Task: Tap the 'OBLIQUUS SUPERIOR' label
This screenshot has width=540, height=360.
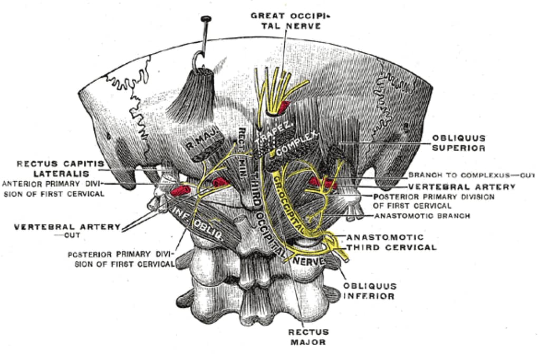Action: (x=458, y=143)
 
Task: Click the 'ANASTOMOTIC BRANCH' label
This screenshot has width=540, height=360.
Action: (x=422, y=216)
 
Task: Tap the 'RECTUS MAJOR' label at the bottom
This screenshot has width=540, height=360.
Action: (x=308, y=337)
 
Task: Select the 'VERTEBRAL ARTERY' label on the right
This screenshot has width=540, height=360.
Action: (x=461, y=187)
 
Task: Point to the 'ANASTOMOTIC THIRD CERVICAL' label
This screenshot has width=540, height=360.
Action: (x=391, y=242)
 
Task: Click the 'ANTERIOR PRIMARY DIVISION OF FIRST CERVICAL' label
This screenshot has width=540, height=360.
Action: (x=53, y=188)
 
